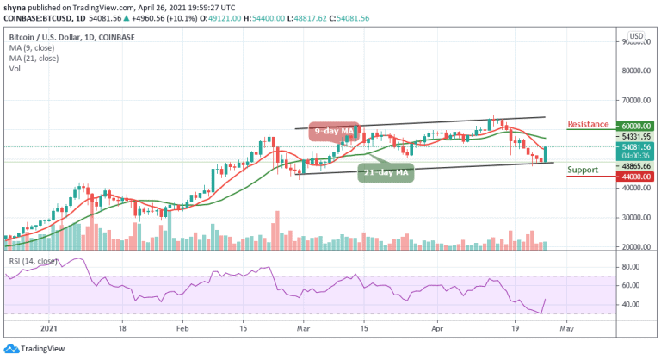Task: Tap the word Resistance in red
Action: point(590,124)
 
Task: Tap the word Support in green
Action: point(584,171)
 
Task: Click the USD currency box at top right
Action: point(638,36)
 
